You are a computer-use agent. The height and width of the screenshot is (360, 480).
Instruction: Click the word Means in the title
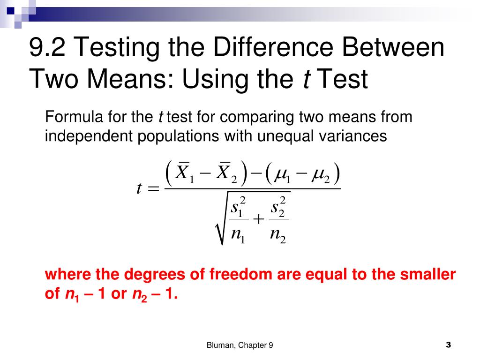point(131,79)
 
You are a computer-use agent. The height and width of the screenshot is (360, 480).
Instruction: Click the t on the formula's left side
point(139,188)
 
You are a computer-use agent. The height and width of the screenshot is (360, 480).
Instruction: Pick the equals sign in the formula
point(154,188)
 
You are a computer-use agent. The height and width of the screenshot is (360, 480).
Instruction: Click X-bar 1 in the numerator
point(184,174)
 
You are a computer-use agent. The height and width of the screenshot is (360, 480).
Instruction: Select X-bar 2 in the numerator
point(226,174)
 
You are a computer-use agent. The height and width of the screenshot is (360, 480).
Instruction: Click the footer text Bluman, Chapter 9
point(240,345)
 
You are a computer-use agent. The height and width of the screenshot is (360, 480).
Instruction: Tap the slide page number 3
point(448,345)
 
